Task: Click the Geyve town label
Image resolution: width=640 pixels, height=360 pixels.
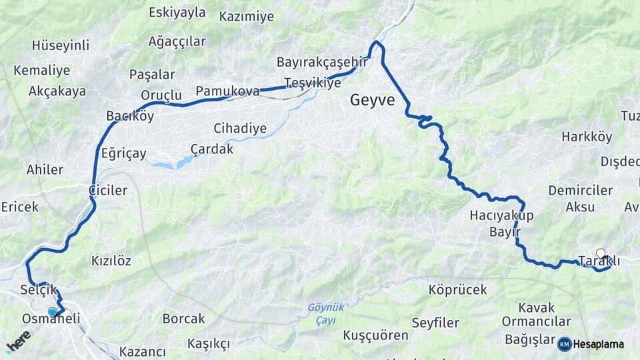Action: (x=373, y=101)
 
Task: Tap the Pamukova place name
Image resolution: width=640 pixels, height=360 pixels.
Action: (x=227, y=91)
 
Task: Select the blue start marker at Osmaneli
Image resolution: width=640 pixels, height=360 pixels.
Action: (x=53, y=311)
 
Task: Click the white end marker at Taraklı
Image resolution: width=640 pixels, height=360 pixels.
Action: (x=601, y=253)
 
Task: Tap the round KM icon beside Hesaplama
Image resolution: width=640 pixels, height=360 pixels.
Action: (x=564, y=344)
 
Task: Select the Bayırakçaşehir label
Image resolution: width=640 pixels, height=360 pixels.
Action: (x=323, y=62)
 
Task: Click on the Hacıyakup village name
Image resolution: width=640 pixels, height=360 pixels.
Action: (x=502, y=215)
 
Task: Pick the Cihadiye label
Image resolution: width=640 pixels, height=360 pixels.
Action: (x=240, y=128)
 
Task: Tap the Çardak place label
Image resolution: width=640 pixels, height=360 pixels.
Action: (x=211, y=149)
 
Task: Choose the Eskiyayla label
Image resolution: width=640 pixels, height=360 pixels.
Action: (x=177, y=12)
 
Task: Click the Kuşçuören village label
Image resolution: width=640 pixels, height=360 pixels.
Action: (x=375, y=335)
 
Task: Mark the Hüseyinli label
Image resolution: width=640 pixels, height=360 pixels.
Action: (x=60, y=46)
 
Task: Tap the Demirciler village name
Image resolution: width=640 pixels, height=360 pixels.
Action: (x=580, y=191)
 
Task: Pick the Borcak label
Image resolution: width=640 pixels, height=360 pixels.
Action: (x=183, y=319)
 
